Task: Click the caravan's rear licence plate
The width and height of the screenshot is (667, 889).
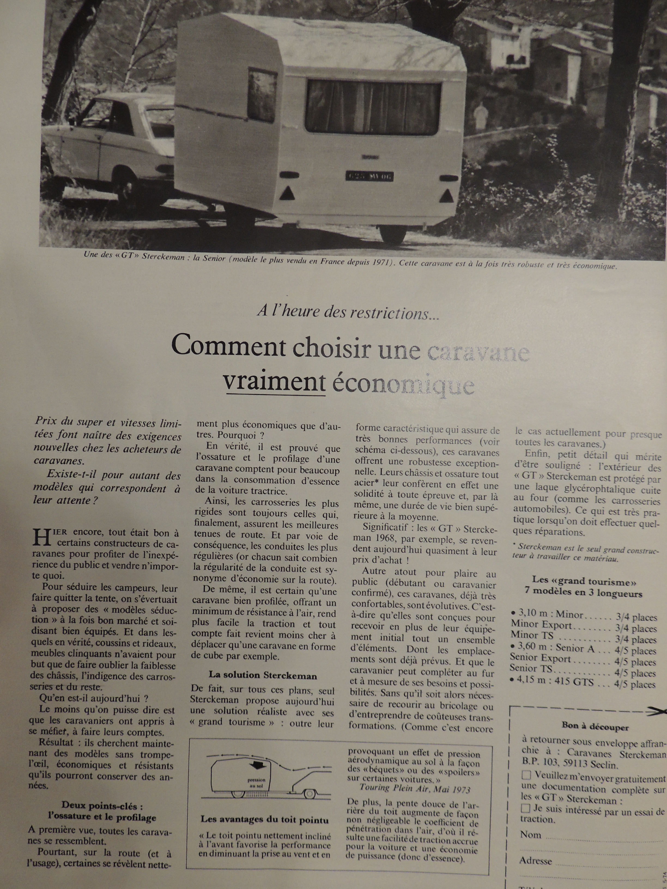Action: [x=369, y=176]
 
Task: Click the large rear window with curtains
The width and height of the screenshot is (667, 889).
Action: [x=374, y=108]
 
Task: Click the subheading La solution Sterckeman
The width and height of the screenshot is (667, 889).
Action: [x=263, y=675]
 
